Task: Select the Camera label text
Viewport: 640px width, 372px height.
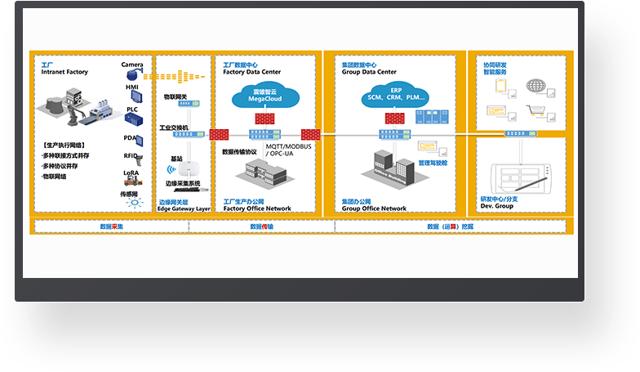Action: coord(132,64)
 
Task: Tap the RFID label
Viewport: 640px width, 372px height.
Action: coord(131,155)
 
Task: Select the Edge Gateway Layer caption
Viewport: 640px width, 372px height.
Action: coord(184,208)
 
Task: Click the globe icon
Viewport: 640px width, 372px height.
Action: coord(536,84)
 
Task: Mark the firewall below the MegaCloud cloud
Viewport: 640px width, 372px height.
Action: coord(262,119)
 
